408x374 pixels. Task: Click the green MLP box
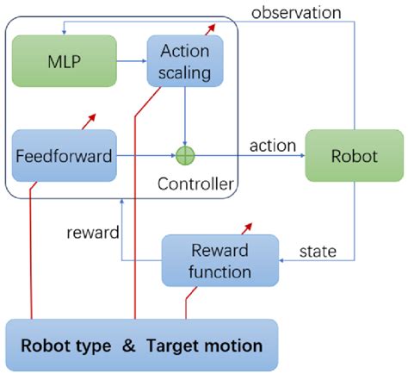[65, 61]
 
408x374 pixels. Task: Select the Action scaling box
[185, 61]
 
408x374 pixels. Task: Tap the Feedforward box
[65, 156]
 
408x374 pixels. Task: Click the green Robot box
[354, 156]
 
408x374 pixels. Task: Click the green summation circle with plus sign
[185, 156]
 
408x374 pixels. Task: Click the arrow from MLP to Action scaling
[131, 61]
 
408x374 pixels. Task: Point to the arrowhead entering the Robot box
[300, 156]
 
